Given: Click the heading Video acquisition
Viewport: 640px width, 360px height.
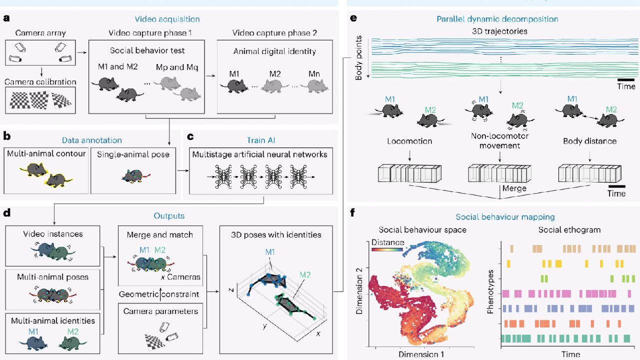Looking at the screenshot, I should (166, 19).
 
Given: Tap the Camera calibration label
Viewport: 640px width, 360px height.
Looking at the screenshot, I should (39, 81).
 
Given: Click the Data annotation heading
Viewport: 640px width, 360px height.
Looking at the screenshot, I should (91, 140).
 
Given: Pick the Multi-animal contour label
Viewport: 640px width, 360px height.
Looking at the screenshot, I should (44, 154).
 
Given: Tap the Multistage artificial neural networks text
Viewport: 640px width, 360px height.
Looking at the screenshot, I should (260, 154).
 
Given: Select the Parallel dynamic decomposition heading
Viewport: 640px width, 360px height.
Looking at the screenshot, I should (497, 19).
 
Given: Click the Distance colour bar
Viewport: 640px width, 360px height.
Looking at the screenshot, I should (387, 249).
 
